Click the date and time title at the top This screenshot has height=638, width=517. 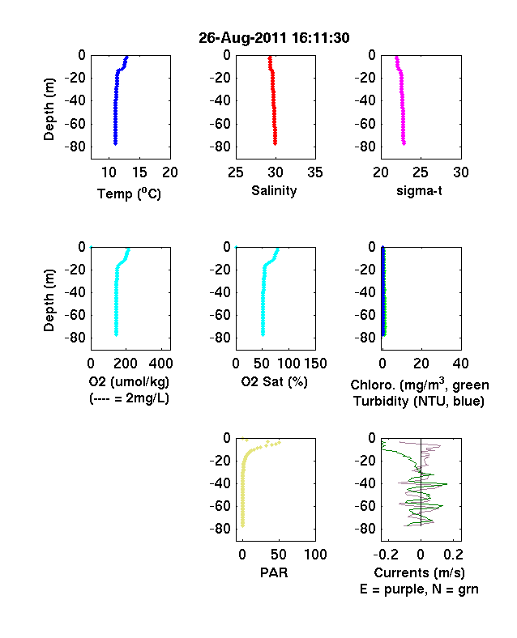(274, 38)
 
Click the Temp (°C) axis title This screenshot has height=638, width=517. (129, 194)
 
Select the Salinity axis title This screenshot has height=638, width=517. (274, 190)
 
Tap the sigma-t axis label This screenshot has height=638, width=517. (419, 190)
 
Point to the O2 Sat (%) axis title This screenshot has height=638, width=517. (274, 381)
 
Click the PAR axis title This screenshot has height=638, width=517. (274, 572)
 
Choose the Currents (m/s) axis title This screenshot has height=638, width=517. (419, 573)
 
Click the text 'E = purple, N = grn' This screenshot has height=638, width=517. (419, 589)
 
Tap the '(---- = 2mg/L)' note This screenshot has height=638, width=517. (129, 398)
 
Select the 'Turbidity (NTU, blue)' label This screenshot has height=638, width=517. (419, 402)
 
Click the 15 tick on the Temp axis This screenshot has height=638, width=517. (139, 172)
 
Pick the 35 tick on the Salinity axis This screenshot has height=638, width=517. (315, 172)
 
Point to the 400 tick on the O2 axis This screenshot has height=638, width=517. (160, 364)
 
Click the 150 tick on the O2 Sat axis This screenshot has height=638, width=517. (315, 364)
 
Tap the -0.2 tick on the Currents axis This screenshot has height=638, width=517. (386, 554)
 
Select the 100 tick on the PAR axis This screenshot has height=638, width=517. (315, 554)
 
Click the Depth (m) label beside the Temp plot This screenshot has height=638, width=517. (49, 109)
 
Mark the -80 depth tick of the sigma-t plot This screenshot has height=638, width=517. (365, 147)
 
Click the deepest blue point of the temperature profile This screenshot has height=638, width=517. (115, 143)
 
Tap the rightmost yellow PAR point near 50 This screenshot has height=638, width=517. (280, 442)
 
